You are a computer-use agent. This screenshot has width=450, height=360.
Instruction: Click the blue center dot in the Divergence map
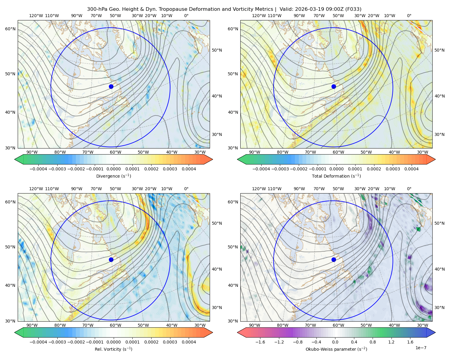pyautogui.click(x=111, y=86)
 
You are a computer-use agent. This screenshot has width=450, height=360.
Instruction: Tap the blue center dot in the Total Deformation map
pyautogui.click(x=334, y=86)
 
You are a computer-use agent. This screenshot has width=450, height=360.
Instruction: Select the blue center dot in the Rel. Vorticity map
pyautogui.click(x=111, y=259)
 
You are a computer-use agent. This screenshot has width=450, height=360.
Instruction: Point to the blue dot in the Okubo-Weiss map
pyautogui.click(x=334, y=259)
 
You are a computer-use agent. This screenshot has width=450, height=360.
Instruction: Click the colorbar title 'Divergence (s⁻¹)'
pyautogui.click(x=113, y=176)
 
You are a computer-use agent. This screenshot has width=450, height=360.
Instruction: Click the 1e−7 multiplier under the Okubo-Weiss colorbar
pyautogui.click(x=421, y=348)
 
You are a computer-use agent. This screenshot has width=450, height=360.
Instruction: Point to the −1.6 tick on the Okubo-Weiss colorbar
pyautogui.click(x=260, y=342)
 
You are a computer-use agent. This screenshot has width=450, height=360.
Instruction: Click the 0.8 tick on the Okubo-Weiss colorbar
pyautogui.click(x=373, y=342)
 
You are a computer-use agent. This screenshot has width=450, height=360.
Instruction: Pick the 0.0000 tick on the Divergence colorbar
pyautogui.click(x=113, y=169)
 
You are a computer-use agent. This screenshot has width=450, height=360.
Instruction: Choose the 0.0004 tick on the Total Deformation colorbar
pyautogui.click(x=411, y=169)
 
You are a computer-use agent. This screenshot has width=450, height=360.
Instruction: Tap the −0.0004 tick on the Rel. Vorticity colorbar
pyautogui.click(x=38, y=342)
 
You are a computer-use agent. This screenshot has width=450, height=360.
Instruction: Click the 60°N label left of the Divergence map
pyautogui.click(x=10, y=29)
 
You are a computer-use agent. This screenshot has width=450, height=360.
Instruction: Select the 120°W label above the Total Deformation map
pyautogui.click(x=259, y=16)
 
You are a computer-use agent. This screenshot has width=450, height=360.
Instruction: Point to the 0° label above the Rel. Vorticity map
pyautogui.click(x=186, y=188)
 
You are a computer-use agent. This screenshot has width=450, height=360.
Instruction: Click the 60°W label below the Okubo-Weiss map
pyautogui.click(x=338, y=325)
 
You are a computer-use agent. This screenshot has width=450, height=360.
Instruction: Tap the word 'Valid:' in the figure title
pyautogui.click(x=286, y=9)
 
